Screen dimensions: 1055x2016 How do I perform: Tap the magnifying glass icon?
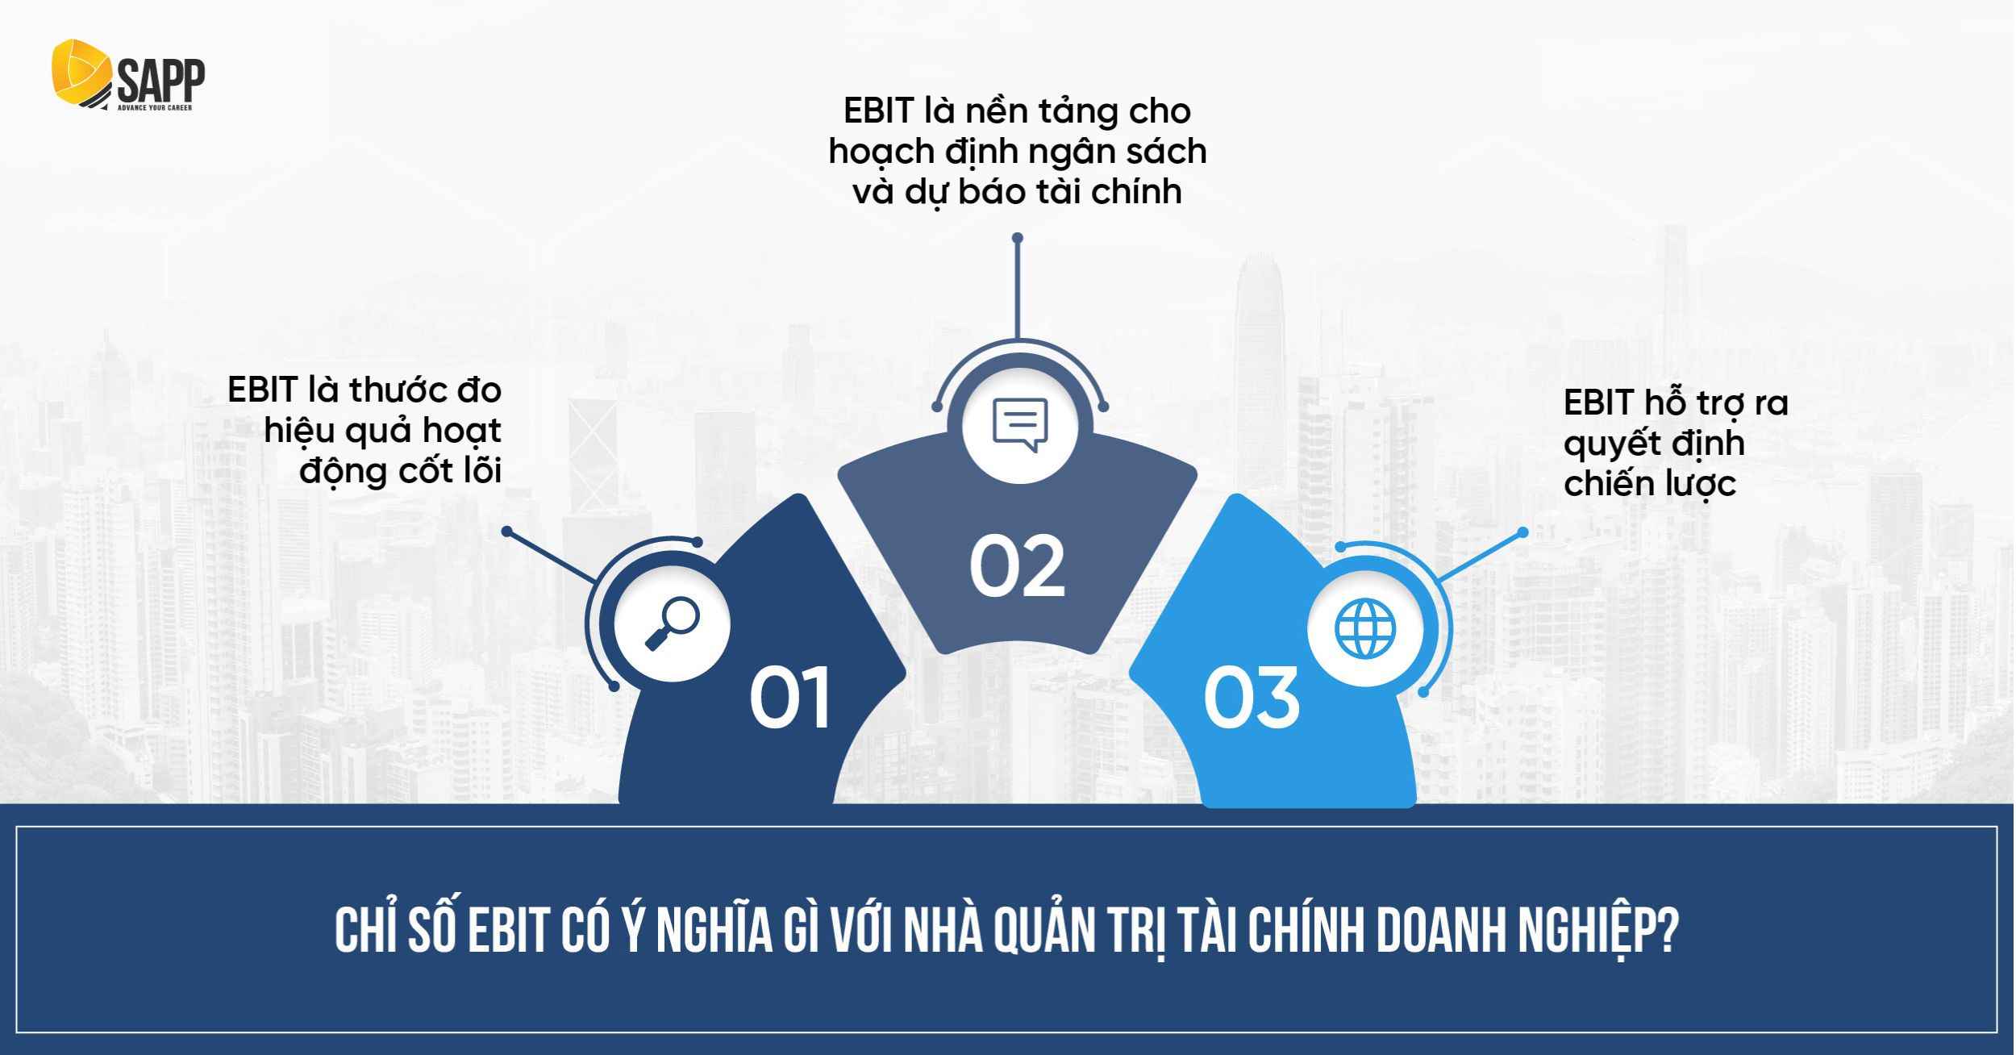coord(673,623)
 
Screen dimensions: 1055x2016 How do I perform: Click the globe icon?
coord(1364,628)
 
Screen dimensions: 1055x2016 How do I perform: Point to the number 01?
coord(789,698)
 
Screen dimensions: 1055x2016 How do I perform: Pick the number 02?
coord(1017,568)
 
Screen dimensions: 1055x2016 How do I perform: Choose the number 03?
coord(1251,698)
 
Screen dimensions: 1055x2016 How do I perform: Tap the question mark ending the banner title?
coord(1668,933)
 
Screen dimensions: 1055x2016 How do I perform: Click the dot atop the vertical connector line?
coord(1018,238)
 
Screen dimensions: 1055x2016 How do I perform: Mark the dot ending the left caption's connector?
coord(506,532)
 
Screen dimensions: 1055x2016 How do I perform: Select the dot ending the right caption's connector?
coord(1522,532)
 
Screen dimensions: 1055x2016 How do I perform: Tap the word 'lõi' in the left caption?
coord(482,472)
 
